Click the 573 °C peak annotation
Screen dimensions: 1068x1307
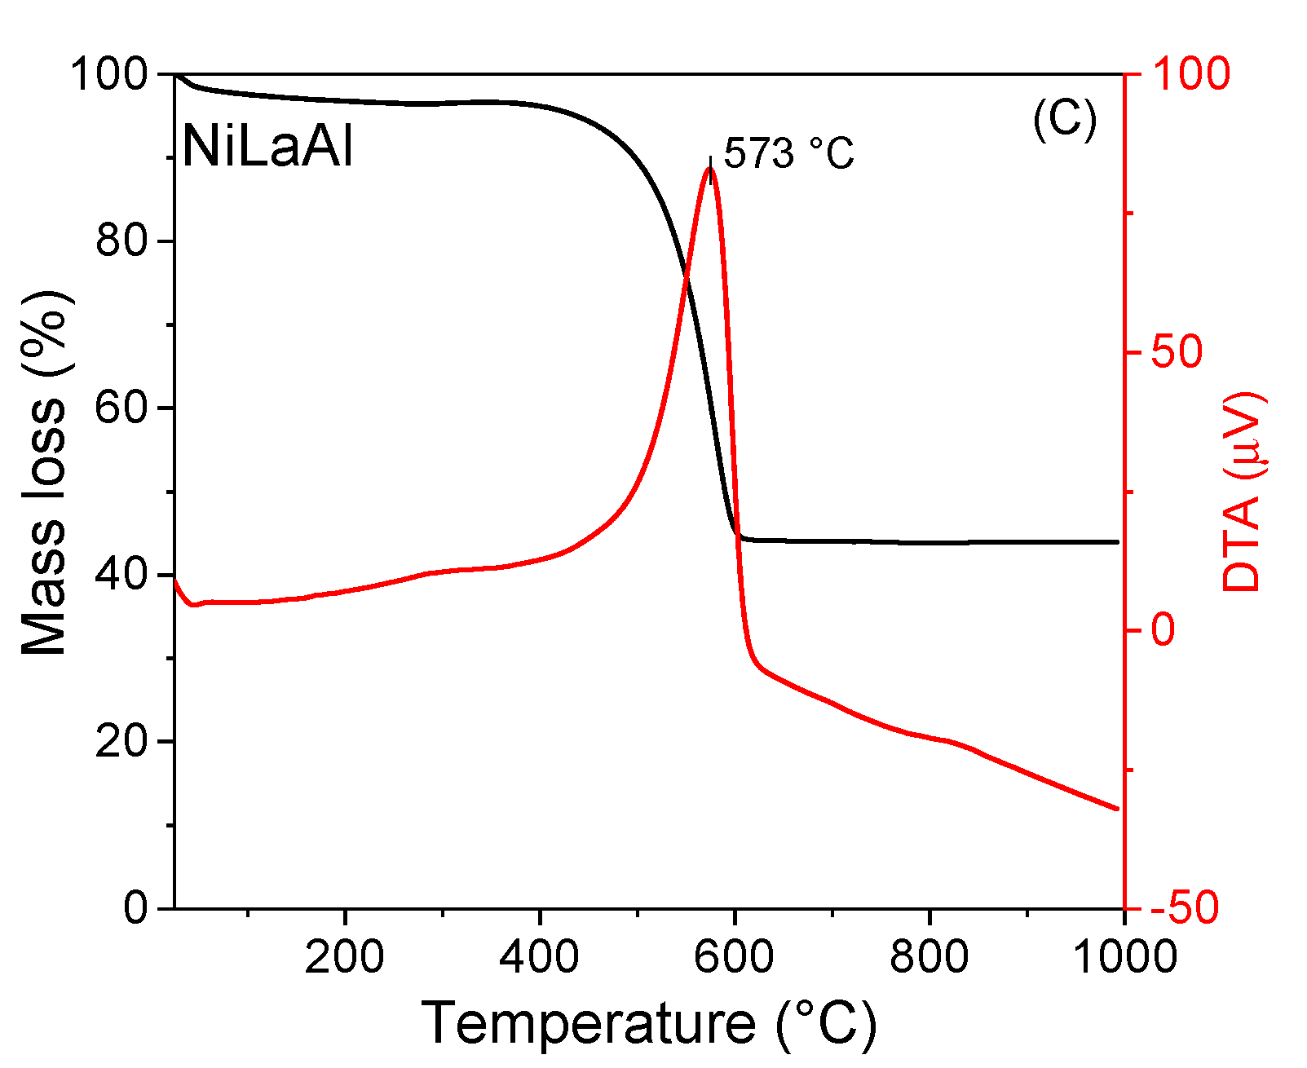pyautogui.click(x=788, y=153)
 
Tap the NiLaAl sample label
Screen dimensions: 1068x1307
pyautogui.click(x=268, y=148)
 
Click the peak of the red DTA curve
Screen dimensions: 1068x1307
pyautogui.click(x=710, y=168)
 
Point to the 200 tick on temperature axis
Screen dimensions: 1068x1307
pyautogui.click(x=344, y=957)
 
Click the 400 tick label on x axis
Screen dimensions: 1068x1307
pyautogui.click(x=539, y=957)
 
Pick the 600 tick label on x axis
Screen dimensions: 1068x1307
pyautogui.click(x=734, y=957)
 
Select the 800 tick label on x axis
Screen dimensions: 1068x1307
pyautogui.click(x=929, y=957)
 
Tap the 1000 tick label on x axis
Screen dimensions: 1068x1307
pyautogui.click(x=1124, y=957)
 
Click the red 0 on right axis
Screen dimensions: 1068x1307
pyautogui.click(x=1163, y=630)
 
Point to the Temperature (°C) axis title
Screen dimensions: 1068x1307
pyautogui.click(x=648, y=1024)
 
